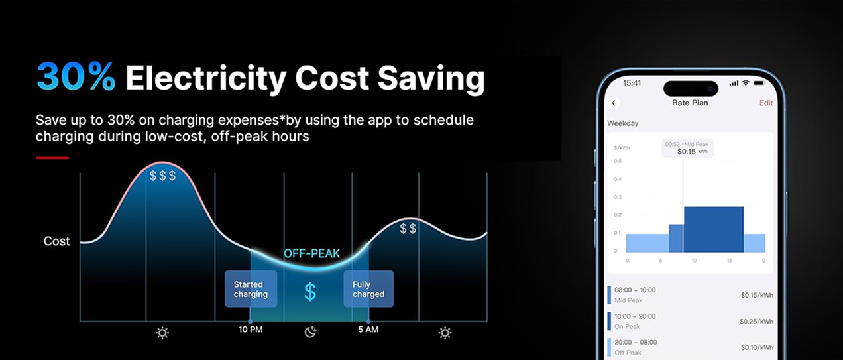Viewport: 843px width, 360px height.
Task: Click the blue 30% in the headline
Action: coord(76,76)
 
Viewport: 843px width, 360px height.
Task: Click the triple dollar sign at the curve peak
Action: coord(162,176)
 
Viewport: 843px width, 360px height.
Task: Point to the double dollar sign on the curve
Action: coord(408,228)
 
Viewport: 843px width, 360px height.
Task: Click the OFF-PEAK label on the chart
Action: coord(311,253)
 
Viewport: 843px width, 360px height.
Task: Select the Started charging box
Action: coord(251,289)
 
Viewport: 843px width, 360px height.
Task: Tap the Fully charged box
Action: coord(368,289)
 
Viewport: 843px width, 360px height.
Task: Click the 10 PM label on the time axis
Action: coord(251,330)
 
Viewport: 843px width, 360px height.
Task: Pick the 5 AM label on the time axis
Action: coord(368,330)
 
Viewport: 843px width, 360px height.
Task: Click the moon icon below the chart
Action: coord(310,332)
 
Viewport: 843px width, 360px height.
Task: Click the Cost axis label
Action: coord(56,241)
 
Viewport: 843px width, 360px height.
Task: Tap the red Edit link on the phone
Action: coord(766,103)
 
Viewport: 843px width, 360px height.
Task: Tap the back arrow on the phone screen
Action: coord(614,103)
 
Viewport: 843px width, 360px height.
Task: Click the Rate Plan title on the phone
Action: coord(690,103)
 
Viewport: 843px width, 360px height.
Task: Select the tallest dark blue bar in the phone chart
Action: coord(714,229)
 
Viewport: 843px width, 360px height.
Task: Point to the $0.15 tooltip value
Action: coord(687,152)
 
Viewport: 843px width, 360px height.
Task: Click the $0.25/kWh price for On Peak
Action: coord(756,321)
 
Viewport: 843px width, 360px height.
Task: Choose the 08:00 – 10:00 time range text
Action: coord(635,290)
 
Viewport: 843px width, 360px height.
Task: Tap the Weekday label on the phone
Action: coord(622,123)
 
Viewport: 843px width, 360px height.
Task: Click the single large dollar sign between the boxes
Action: coord(310,292)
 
